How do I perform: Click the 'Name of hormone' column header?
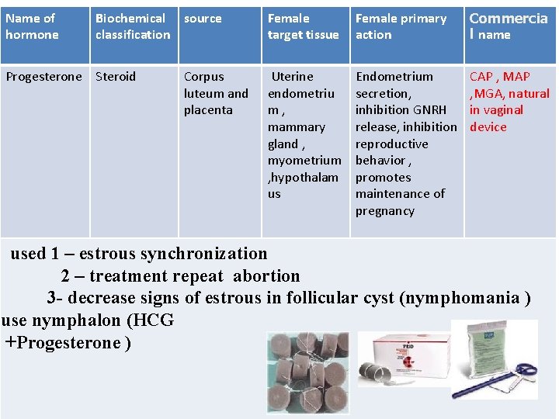tap(32, 26)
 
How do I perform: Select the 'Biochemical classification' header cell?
tap(132, 26)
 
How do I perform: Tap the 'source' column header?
tap(203, 19)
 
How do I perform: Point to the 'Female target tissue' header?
tap(303, 26)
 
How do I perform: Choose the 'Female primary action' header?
tap(401, 26)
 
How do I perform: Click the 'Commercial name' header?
tap(508, 26)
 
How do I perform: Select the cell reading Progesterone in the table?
tap(43, 77)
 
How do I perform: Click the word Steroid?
tap(116, 77)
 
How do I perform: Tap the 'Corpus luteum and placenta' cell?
tap(216, 93)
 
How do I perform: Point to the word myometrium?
tap(304, 161)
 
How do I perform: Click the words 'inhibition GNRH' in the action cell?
tap(401, 110)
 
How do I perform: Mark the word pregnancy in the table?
tap(385, 211)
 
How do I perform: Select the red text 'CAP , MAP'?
tap(499, 77)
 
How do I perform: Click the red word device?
tap(488, 127)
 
